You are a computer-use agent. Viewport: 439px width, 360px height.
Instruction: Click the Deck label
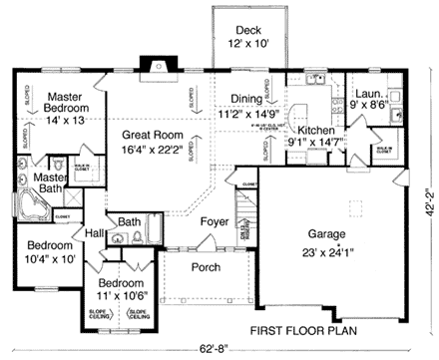[x=243, y=30]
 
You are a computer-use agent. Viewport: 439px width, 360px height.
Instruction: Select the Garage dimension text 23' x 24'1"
[x=336, y=251]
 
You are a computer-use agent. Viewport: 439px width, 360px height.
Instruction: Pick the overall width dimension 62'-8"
[x=212, y=349]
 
